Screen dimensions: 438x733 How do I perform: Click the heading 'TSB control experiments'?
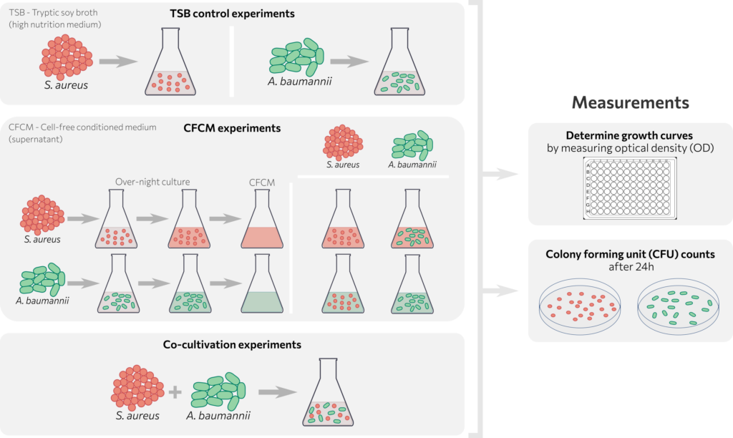coord(232,14)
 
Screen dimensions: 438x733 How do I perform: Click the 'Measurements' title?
coord(630,102)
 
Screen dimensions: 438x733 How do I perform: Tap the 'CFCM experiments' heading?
coord(232,129)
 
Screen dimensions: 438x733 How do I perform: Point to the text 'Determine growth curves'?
coord(630,135)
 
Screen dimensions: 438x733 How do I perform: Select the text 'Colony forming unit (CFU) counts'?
coord(630,253)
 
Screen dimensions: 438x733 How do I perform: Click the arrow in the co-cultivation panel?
coord(278,392)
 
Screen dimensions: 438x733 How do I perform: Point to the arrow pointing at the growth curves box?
coord(500,174)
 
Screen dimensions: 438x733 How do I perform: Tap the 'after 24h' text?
coord(630,267)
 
